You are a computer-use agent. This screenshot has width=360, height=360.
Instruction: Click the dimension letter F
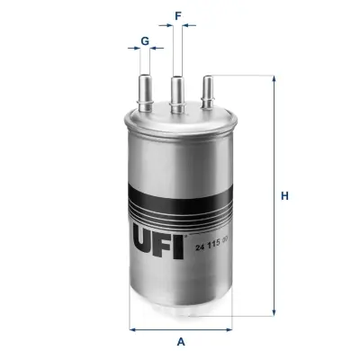(x=178, y=16)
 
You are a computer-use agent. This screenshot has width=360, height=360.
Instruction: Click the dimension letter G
(x=145, y=41)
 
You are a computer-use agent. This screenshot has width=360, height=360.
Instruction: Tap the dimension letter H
(x=284, y=196)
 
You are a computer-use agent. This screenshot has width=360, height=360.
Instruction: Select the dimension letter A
(x=181, y=341)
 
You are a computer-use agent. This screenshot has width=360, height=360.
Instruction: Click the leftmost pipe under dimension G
(x=146, y=93)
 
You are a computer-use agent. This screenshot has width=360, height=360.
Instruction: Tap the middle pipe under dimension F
(x=177, y=94)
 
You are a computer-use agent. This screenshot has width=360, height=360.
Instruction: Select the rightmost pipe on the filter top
(x=208, y=92)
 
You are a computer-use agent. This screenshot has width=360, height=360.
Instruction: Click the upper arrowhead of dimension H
(x=274, y=78)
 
